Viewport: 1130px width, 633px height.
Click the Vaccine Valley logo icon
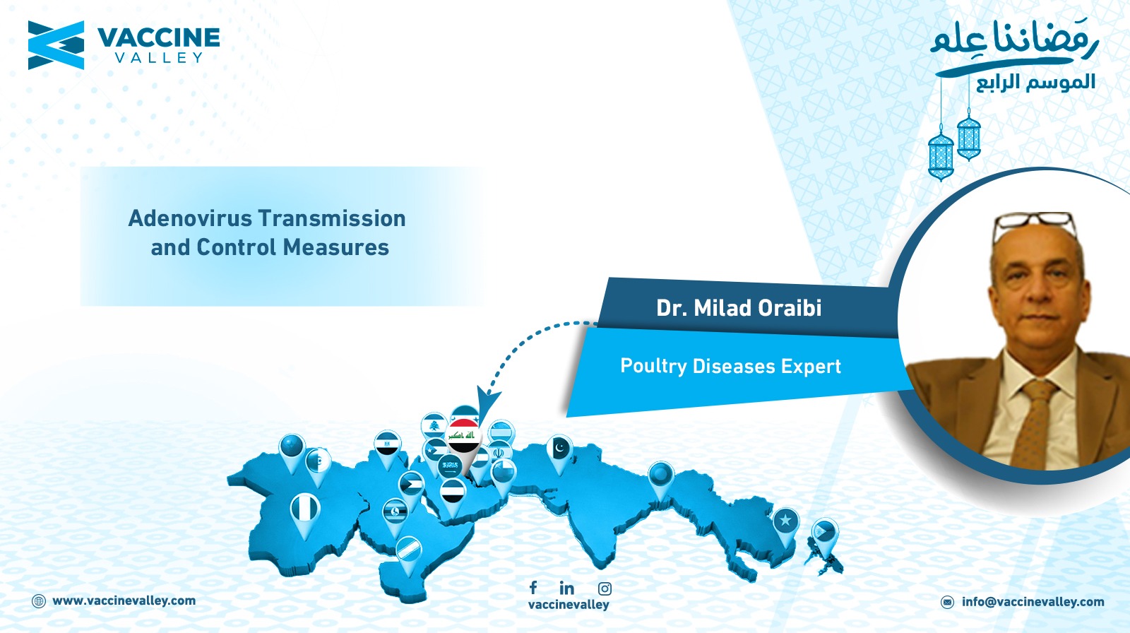click(56, 45)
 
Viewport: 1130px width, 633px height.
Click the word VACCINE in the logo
click(158, 38)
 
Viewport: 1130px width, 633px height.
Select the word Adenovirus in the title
click(190, 218)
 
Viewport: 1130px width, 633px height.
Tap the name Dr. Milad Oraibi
click(739, 308)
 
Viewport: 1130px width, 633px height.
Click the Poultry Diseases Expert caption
click(730, 366)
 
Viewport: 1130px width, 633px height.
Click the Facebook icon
click(533, 587)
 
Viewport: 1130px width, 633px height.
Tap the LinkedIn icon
click(567, 588)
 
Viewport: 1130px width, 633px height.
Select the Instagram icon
click(605, 588)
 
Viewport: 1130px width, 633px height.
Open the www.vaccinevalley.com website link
click(124, 601)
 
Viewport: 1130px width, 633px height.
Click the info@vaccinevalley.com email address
click(1033, 602)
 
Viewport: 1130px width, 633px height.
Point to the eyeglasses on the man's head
click(1034, 225)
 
